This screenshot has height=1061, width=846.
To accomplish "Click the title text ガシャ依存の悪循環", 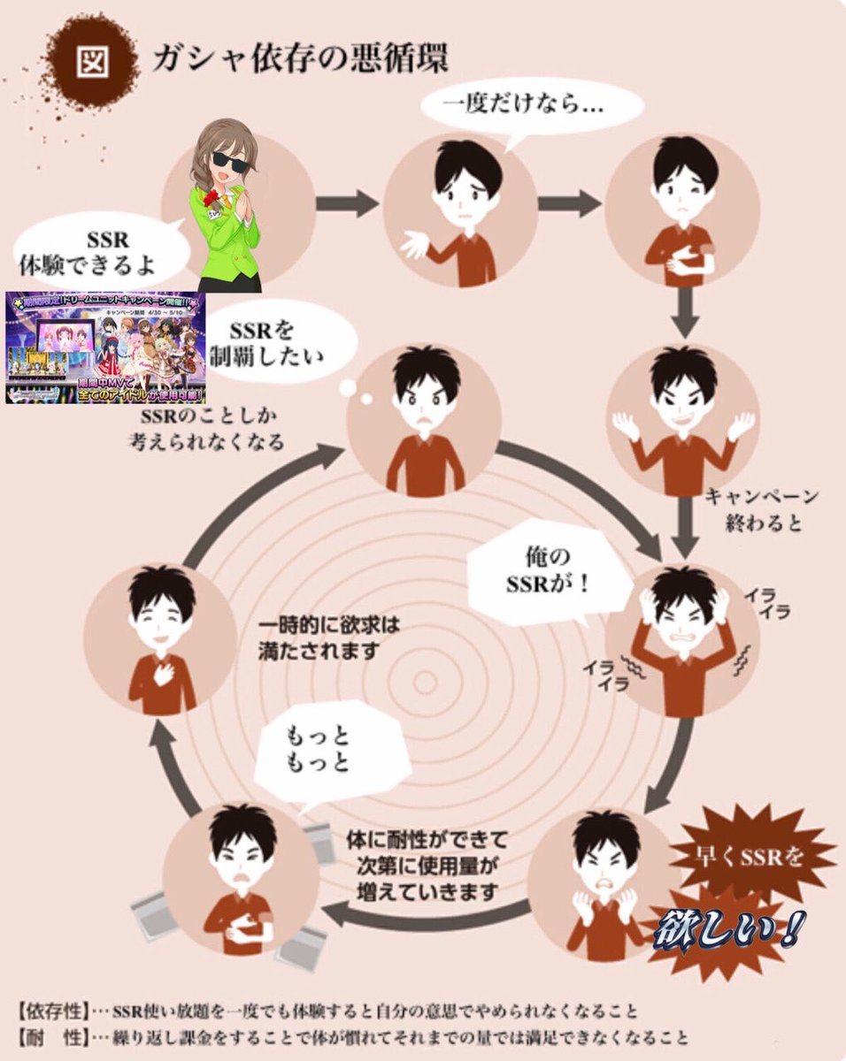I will tap(301, 57).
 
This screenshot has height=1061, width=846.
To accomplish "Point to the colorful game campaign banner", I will tap(104, 348).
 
